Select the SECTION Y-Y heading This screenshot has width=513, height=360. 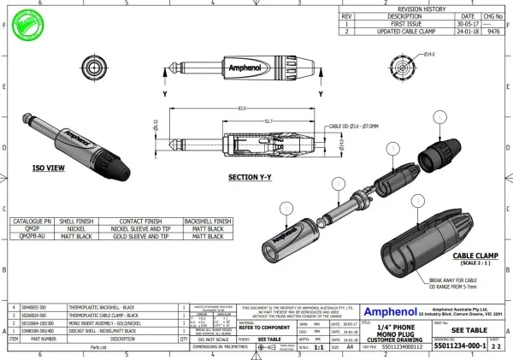[x=250, y=178]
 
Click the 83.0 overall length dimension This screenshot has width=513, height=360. [x=243, y=107]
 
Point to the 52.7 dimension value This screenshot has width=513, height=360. [x=245, y=121]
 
